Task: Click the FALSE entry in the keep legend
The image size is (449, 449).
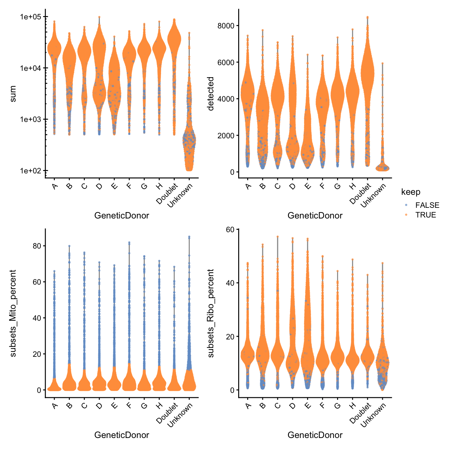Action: (x=427, y=205)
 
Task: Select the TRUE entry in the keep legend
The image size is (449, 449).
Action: (x=425, y=215)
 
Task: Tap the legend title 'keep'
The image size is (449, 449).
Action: (x=411, y=192)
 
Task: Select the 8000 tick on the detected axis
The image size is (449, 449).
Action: (x=226, y=26)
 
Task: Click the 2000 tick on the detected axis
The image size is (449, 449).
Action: (x=226, y=136)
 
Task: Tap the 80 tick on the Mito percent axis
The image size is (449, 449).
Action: (x=37, y=246)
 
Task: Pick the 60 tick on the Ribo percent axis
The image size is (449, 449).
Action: (x=230, y=229)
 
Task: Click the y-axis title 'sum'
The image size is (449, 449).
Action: (x=13, y=94)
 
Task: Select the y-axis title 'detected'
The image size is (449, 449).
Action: (x=210, y=94)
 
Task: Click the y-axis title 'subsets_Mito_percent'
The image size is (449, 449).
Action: (x=13, y=313)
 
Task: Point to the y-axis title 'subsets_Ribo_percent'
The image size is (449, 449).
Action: (x=210, y=313)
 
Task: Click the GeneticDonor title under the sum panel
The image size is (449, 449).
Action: (x=122, y=215)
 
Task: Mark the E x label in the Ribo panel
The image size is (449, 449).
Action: (x=308, y=406)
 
